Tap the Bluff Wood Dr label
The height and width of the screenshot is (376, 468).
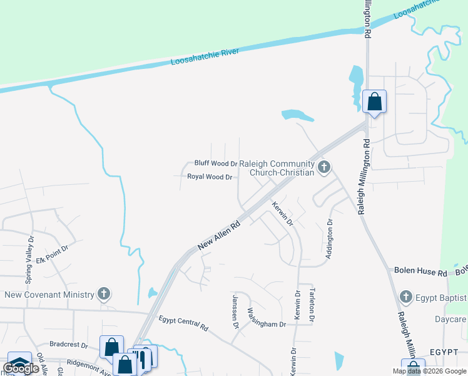(216, 163)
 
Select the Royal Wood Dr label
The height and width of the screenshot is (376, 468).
(210, 177)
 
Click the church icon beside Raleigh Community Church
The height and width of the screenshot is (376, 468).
(323, 167)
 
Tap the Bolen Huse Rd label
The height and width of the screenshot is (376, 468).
(420, 272)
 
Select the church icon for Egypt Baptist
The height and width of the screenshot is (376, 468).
(405, 296)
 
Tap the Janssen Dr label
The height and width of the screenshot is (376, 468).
(236, 311)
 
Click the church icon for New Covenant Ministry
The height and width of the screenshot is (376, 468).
(104, 294)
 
